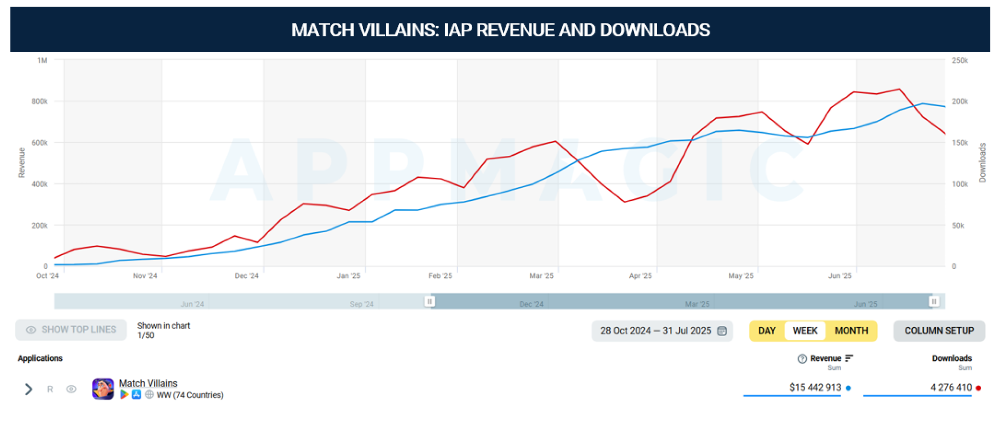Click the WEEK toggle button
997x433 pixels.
[x=805, y=331]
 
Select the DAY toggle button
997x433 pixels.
[x=767, y=331]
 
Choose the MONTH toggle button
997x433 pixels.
[x=851, y=331]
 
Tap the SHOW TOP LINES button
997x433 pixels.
[x=71, y=329]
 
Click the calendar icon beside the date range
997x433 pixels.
[x=722, y=331]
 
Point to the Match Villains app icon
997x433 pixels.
[x=103, y=389]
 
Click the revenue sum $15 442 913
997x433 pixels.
[x=815, y=387]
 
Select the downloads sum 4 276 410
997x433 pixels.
[x=951, y=387]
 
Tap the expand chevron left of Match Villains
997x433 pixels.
[x=29, y=389]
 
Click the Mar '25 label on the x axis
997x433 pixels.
[x=541, y=276]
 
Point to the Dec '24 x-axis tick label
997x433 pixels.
[x=247, y=276]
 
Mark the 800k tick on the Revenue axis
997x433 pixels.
[x=39, y=101]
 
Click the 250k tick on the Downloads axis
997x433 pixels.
[x=960, y=60]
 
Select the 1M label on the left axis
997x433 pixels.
[x=42, y=60]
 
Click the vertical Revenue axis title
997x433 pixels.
[x=22, y=162]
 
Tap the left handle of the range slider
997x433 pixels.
[x=430, y=301]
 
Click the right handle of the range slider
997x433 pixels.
[x=934, y=301]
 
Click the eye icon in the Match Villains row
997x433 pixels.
[x=71, y=389]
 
